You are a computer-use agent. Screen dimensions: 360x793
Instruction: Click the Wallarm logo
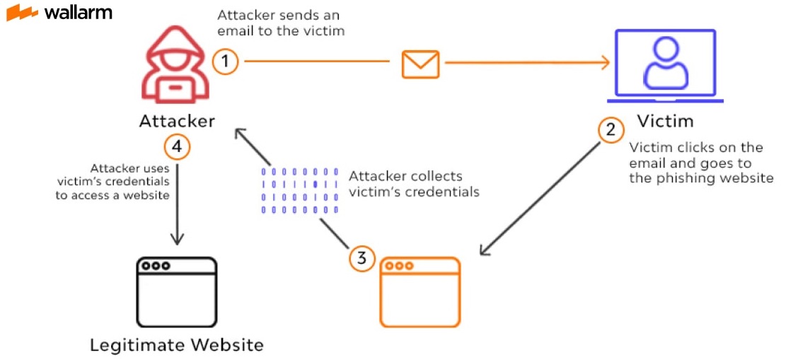[x=59, y=13]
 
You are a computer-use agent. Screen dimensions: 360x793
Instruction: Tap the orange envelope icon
[x=420, y=64]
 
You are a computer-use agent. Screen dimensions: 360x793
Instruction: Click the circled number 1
[x=225, y=62]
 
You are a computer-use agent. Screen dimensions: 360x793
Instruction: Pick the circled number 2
[x=611, y=129]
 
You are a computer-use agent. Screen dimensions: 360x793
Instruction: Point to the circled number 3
[x=361, y=258]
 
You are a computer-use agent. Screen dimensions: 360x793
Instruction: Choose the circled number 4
[x=176, y=146]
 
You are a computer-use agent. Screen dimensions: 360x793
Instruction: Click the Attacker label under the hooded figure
[x=176, y=121]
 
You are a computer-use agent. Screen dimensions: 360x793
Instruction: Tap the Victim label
[x=665, y=121]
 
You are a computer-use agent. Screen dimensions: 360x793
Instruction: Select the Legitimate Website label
[x=176, y=345]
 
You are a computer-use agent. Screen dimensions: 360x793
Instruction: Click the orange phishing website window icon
[x=420, y=291]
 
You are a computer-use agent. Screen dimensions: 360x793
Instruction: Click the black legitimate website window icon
[x=176, y=291]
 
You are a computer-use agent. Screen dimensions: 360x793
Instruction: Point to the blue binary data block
[x=300, y=190]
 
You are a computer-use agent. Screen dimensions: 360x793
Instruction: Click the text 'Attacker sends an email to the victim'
[x=281, y=23]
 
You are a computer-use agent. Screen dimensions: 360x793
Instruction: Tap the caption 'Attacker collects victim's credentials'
[x=414, y=184]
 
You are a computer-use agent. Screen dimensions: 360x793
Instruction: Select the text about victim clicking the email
[x=700, y=163]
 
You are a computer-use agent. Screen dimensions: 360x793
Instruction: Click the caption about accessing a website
[x=113, y=182]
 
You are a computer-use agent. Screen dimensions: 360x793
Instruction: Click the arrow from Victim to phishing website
[x=541, y=198]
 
